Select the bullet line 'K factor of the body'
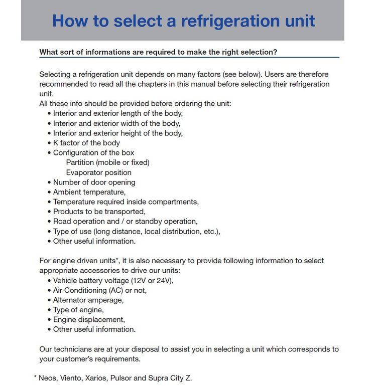pyautogui.click(x=86, y=143)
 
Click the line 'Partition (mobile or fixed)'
pyautogui.click(x=107, y=162)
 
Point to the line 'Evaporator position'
pyautogui.click(x=98, y=172)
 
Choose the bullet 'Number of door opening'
pyautogui.click(x=94, y=182)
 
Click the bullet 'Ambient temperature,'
pyautogui.click(x=89, y=192)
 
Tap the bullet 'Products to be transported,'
pyautogui.click(x=99, y=212)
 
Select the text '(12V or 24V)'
pyautogui.click(x=152, y=281)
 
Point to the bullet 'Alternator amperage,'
pyautogui.click(x=88, y=300)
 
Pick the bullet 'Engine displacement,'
pyautogui.click(x=89, y=320)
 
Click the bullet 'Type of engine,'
pyautogui.click(x=78, y=310)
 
